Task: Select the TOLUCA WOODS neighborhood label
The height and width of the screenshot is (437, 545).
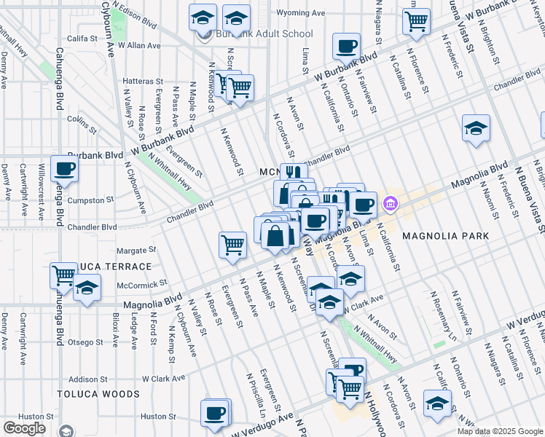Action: coord(99,394)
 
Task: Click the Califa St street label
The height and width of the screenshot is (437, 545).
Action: coord(82,37)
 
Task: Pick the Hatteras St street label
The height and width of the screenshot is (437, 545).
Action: coord(143,81)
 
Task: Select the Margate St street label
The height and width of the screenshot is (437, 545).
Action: coord(132,249)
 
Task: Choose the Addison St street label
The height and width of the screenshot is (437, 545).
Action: coord(88,379)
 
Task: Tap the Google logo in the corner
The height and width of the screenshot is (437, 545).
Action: coord(24,428)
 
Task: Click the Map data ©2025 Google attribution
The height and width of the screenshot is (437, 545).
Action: coord(501,431)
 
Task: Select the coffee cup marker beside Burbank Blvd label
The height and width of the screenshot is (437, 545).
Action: coord(64,169)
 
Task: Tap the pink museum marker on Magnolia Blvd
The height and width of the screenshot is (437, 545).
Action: coord(391,202)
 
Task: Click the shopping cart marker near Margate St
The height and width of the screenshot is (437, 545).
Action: coord(232,245)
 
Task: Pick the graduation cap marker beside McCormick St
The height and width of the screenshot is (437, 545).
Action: coord(87,288)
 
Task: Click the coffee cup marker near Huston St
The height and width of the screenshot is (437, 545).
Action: coord(214,413)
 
